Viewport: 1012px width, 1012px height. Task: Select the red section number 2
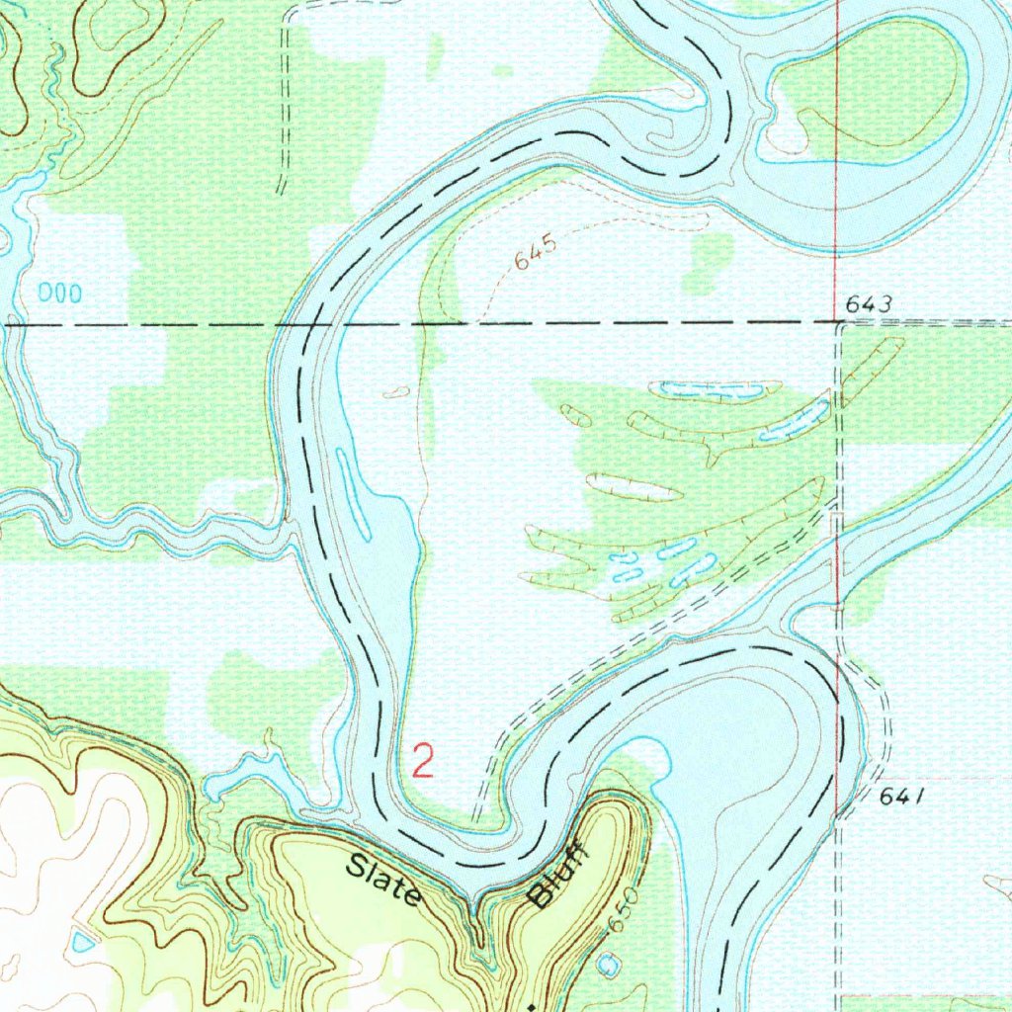(x=423, y=762)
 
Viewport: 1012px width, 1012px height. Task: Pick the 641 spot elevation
(x=900, y=798)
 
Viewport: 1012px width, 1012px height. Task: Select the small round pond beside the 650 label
(x=607, y=961)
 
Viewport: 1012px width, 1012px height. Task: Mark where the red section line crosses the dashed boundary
(x=836, y=323)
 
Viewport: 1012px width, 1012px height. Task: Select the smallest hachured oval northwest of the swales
(x=395, y=392)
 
